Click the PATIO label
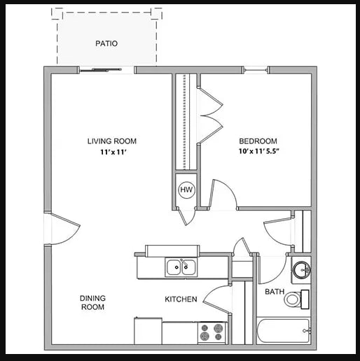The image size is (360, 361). coord(106,43)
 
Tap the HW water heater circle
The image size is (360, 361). coord(186,190)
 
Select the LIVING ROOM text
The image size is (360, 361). coord(112,141)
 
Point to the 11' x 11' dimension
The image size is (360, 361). coord(113,152)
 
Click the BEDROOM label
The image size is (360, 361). coord(258,141)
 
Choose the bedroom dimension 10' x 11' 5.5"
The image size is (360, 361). coord(259,151)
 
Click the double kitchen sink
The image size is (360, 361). coord(181,267)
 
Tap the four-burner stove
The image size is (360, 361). coord(212,333)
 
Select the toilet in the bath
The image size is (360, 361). coord(296,299)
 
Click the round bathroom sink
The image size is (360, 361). coord(301,270)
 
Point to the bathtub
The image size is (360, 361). coord(284,331)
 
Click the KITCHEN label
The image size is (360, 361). coord(181,299)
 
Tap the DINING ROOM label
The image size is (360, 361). coord(92,302)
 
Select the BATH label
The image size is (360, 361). coord(275,292)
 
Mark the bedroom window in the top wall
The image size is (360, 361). coord(255,70)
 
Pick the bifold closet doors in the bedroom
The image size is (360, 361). coord(210,115)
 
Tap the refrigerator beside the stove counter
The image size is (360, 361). coord(148,331)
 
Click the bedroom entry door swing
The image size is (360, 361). coord(223,193)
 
